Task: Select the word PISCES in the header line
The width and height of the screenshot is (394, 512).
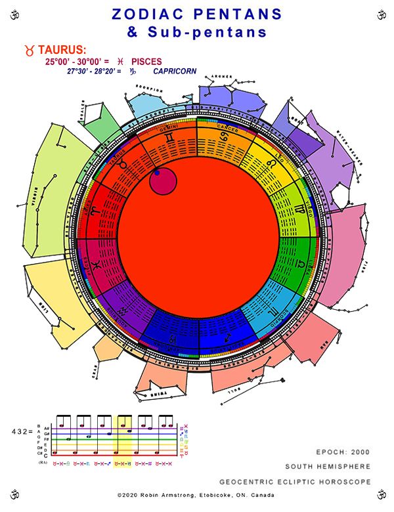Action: point(146,62)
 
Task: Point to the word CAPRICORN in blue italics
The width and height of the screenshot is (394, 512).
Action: point(175,71)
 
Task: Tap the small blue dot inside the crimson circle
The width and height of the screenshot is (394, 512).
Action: point(157,173)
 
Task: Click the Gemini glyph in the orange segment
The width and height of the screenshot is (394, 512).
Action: point(170,139)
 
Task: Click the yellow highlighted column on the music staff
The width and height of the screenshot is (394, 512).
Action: point(123,435)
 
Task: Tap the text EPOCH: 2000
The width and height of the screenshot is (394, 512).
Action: point(343,453)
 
